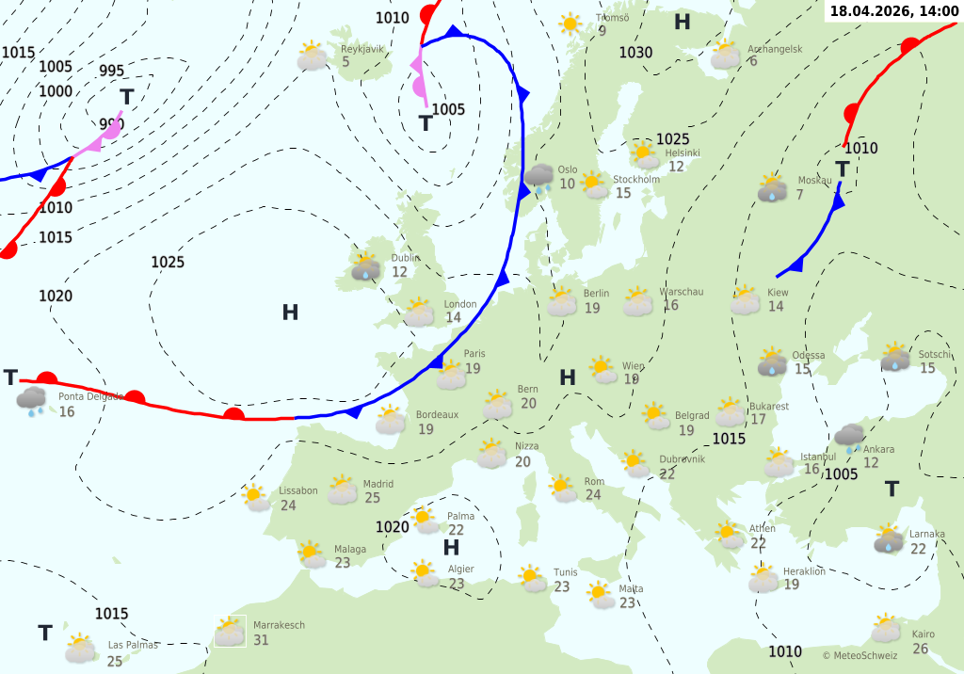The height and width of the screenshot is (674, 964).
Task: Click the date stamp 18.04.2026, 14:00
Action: coord(893,10)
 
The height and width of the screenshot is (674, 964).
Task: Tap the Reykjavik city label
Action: coord(362,49)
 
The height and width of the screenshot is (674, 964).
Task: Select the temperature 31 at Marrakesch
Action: coord(261,640)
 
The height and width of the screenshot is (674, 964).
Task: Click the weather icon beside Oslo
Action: coord(539,177)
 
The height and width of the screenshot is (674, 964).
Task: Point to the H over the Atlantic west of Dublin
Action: coord(290,313)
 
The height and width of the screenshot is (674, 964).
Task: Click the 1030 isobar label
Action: coord(635,53)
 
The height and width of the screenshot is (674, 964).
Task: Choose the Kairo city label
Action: coord(923,634)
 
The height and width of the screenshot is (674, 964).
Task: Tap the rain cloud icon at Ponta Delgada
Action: coord(33,401)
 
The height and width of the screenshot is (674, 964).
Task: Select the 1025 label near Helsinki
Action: coord(672,139)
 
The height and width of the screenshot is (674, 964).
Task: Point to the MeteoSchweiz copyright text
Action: coord(860,655)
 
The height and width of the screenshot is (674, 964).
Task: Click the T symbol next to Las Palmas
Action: coord(44,633)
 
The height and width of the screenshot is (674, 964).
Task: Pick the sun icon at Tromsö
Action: coord(570,24)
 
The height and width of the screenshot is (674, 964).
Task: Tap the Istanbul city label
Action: coord(818,457)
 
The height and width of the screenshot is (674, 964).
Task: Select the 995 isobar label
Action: coord(111,71)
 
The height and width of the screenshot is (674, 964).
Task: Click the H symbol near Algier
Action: coord(451,547)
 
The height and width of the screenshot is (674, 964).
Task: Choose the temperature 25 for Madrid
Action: coord(372,498)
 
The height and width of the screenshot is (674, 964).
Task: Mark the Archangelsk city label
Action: coord(775,49)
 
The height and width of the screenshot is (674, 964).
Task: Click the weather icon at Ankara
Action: coord(849,437)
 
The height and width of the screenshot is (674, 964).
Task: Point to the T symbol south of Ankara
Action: coord(892,489)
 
